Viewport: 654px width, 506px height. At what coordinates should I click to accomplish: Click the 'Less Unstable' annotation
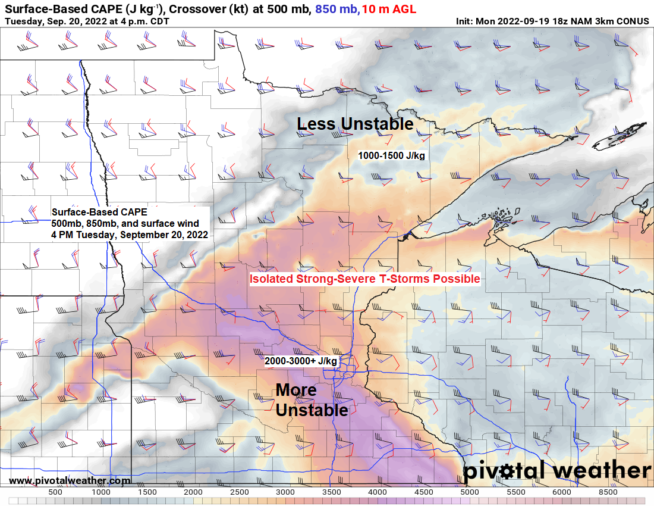(355, 124)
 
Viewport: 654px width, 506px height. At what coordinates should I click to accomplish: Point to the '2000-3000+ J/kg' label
(301, 361)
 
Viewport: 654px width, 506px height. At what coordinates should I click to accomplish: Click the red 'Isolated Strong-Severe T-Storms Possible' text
(364, 279)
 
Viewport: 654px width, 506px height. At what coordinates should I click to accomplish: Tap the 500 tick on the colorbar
(55, 492)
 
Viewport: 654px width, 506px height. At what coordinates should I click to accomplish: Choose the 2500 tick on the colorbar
(240, 492)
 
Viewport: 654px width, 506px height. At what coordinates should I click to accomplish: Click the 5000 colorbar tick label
(470, 492)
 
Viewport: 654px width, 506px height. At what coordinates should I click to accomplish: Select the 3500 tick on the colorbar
(332, 492)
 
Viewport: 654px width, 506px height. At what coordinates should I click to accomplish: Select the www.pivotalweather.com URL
(70, 480)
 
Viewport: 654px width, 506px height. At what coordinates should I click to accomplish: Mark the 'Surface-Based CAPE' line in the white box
(99, 212)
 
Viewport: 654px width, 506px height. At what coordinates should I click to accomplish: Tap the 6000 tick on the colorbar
(562, 492)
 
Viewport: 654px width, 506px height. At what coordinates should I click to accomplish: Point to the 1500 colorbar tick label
(147, 492)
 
